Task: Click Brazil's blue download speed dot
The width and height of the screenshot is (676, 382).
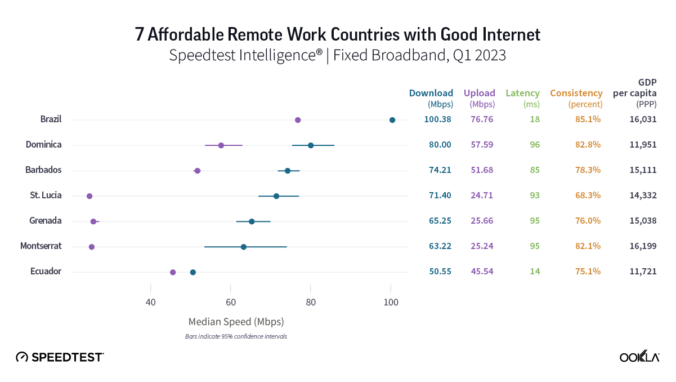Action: click(x=392, y=120)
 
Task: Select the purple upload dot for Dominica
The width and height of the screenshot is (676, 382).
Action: click(x=221, y=145)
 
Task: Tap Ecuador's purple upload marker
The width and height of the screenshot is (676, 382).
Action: click(x=173, y=273)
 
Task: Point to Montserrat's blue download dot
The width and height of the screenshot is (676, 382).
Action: click(x=243, y=247)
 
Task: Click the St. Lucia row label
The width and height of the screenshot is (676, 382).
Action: click(x=46, y=196)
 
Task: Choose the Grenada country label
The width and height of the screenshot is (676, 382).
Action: click(x=45, y=221)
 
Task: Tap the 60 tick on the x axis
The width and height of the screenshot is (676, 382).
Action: click(x=231, y=302)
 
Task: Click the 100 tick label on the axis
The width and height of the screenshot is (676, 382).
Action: click(x=391, y=302)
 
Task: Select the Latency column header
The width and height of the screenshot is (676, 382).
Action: click(x=522, y=94)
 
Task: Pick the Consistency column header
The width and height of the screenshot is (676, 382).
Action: click(x=576, y=94)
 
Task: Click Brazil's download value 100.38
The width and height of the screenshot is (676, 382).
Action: click(x=437, y=119)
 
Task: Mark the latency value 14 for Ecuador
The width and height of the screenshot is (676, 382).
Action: click(x=534, y=272)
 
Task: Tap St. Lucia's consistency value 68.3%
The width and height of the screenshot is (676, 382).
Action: click(x=588, y=196)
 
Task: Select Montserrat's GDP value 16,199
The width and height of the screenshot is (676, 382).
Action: click(x=643, y=246)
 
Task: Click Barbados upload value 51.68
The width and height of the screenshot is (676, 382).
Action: click(x=482, y=170)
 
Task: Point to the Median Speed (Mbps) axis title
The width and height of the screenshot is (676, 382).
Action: click(x=236, y=322)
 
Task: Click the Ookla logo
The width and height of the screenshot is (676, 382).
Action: click(x=639, y=357)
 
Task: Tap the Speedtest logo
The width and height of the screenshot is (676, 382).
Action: click(x=60, y=357)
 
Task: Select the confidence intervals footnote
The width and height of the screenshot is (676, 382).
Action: click(x=236, y=336)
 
